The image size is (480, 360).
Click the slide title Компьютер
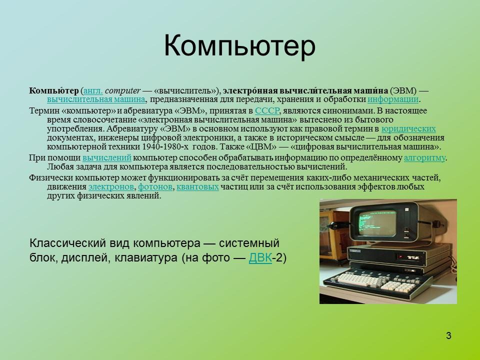point(240,46)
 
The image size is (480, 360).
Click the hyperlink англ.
point(93,90)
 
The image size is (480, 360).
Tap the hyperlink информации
point(393,99)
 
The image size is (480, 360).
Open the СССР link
point(267,111)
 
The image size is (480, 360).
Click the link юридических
point(408,129)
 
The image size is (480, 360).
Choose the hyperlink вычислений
point(106,158)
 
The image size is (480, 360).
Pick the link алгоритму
point(424,158)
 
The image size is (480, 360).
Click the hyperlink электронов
point(111,187)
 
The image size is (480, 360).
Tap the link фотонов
point(155,187)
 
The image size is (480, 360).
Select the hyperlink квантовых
point(198,187)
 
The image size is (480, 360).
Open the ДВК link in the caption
point(260,258)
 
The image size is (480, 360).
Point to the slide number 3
point(448,335)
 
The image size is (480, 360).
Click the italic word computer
point(123,90)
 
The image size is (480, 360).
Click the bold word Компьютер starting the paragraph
point(53,90)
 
